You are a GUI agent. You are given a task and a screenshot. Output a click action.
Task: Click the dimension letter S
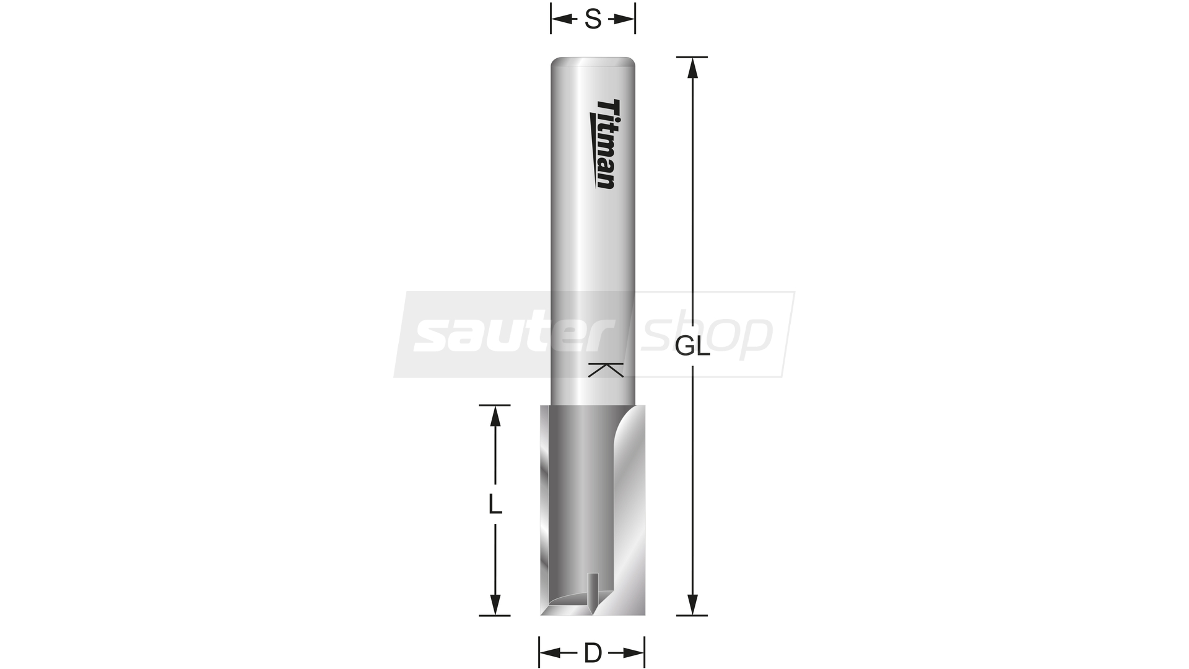(593, 20)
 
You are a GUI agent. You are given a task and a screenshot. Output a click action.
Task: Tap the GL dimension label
(692, 348)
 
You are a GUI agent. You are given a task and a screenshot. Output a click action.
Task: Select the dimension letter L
(495, 504)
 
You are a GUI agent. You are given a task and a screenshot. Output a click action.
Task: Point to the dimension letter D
(593, 652)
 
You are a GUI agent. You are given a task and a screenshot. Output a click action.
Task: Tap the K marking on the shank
(606, 370)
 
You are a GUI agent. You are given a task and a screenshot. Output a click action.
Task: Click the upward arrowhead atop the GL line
(692, 68)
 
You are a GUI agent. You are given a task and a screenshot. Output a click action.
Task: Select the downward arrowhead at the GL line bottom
(692, 605)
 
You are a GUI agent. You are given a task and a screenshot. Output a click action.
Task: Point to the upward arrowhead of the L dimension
(495, 416)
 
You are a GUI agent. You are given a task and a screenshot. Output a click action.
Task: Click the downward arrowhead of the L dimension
(495, 605)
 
